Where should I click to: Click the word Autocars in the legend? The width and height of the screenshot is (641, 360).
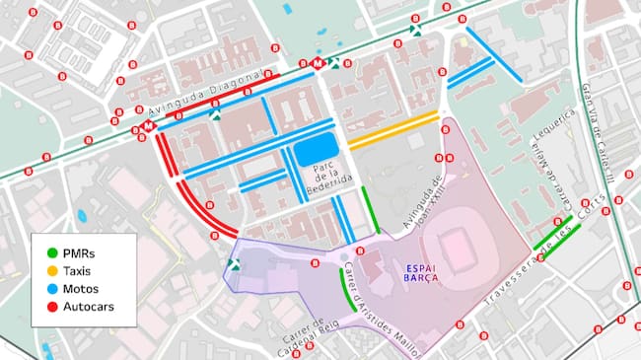coord(85,307)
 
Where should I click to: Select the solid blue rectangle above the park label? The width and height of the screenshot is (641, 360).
coord(316,151)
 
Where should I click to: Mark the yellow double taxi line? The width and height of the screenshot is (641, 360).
coord(392,129)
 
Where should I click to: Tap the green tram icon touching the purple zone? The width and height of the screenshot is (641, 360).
coord(234,263)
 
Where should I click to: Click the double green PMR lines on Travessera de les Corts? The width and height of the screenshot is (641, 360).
coord(557,237)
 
